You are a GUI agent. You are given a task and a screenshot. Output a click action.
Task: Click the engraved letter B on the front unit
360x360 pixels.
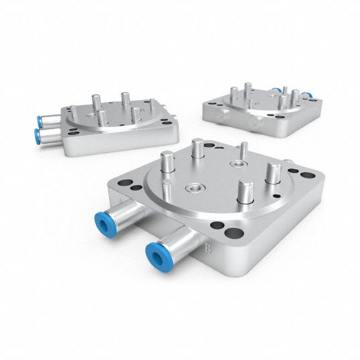(x=208, y=249)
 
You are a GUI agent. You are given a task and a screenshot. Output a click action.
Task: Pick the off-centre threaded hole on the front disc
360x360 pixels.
(x=238, y=164)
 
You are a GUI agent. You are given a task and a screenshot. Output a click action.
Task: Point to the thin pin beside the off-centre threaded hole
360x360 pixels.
(x=244, y=150)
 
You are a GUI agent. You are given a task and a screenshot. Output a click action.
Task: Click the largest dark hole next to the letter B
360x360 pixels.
(x=234, y=234)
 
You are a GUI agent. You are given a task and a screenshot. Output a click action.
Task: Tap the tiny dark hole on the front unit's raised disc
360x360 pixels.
(x=277, y=196)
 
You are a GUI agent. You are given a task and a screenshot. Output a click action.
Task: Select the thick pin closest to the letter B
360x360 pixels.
(x=246, y=191)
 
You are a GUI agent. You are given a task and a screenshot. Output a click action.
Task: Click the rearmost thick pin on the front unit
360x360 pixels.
(x=197, y=148)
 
